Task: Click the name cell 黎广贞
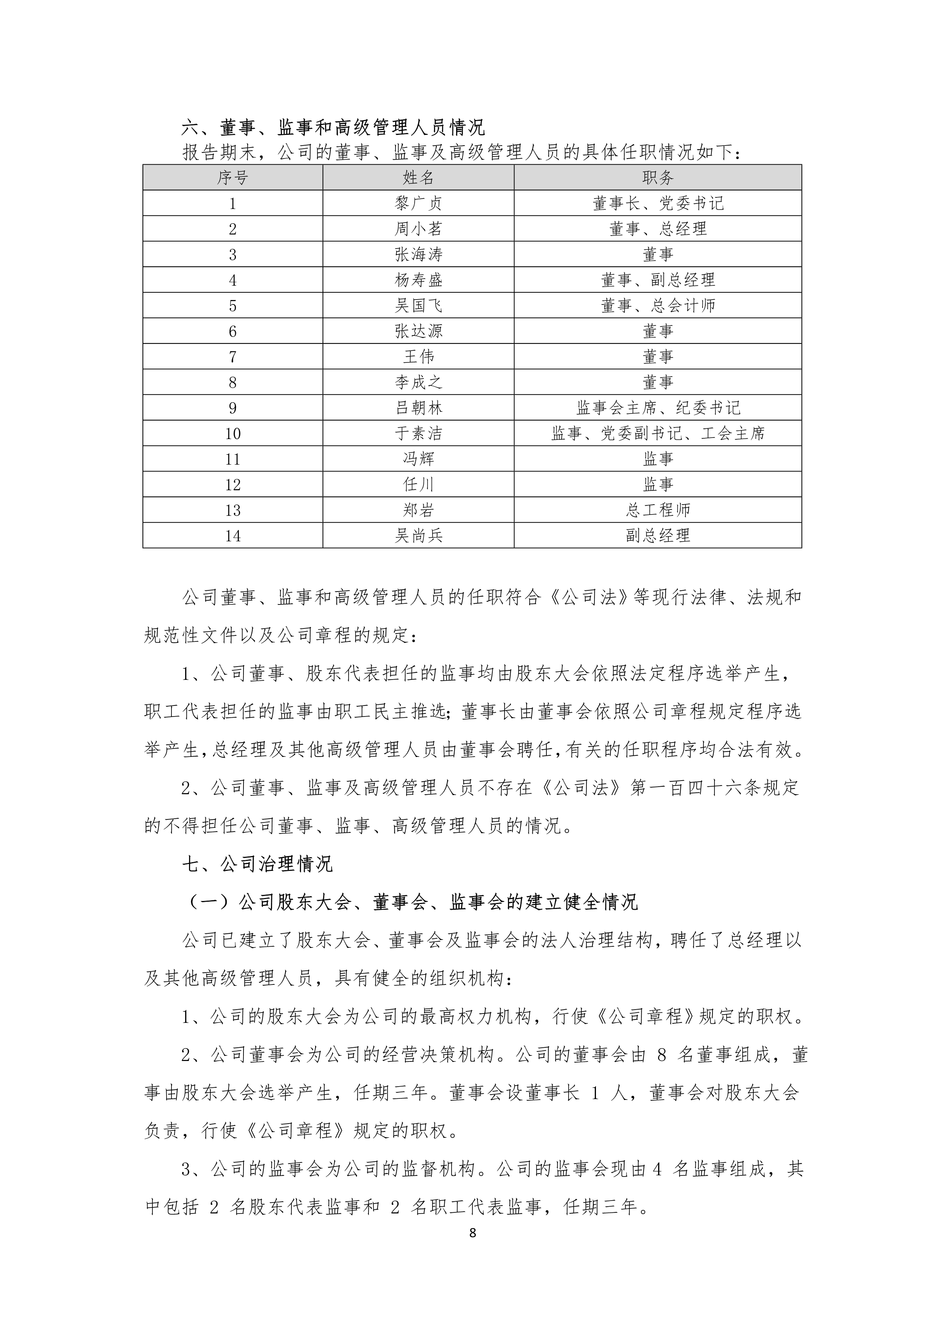418,203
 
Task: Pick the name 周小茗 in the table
418,229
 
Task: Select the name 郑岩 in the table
418,510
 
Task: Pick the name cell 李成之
418,382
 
